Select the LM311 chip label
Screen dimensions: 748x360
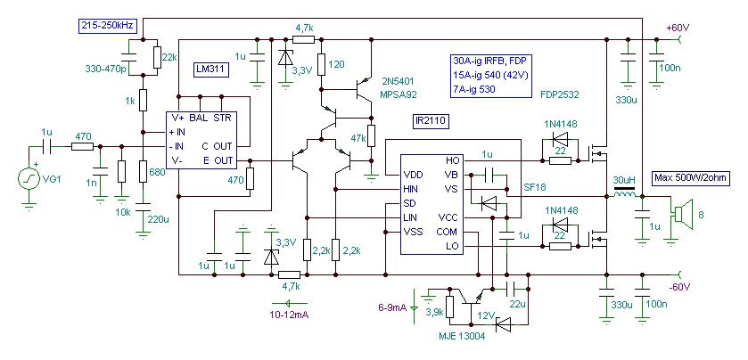(x=212, y=70)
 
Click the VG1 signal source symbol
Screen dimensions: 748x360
(x=29, y=179)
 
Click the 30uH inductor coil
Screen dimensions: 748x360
(x=625, y=195)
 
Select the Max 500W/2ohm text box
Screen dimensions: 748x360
(x=691, y=179)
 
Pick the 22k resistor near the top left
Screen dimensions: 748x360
(x=158, y=57)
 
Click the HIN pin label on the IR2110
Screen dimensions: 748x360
(x=410, y=189)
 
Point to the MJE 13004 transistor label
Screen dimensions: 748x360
(x=461, y=337)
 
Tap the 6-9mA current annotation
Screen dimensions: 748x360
(x=392, y=307)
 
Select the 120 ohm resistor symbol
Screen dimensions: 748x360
(x=321, y=64)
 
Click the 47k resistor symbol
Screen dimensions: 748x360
(x=371, y=136)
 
